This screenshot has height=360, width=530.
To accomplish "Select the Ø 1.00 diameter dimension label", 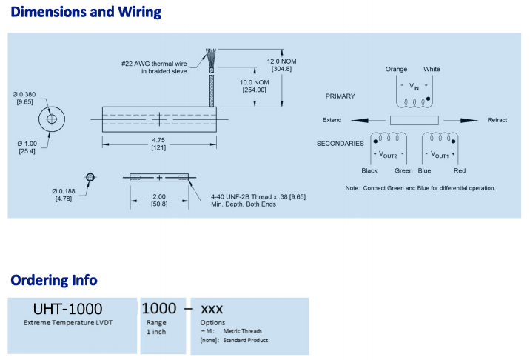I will click(x=27, y=144).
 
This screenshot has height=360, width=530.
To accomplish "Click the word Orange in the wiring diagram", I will click(x=397, y=70).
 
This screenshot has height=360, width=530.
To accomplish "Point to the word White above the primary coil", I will click(x=432, y=70).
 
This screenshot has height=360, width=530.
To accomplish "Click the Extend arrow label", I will click(x=332, y=120).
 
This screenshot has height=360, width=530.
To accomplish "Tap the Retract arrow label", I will click(x=497, y=120).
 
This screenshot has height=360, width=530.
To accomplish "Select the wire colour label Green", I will click(x=403, y=170).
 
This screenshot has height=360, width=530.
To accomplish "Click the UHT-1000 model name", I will click(x=68, y=308).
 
